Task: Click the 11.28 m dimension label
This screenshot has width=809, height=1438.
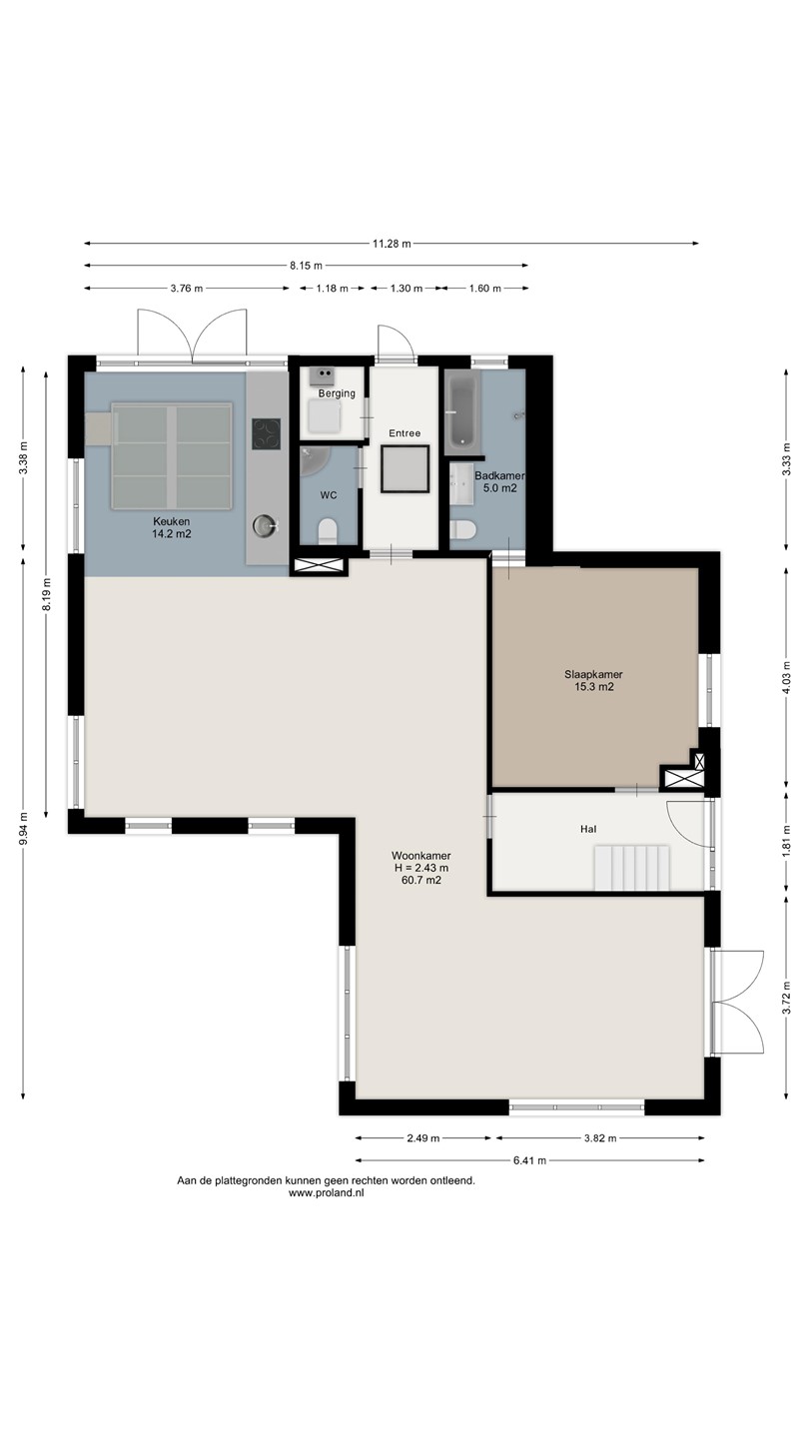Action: [x=392, y=244]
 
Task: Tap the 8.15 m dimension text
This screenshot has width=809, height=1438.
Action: [x=306, y=266]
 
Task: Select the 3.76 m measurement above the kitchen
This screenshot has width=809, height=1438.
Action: [x=186, y=289]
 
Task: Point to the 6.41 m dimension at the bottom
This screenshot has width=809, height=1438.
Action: [x=529, y=1160]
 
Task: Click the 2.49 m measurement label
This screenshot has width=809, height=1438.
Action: [x=423, y=1138]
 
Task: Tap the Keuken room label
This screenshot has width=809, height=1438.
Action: [x=172, y=521]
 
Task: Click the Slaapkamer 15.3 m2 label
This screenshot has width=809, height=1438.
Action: [x=594, y=680]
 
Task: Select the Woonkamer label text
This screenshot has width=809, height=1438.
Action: [x=421, y=856]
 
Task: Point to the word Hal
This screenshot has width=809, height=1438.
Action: [x=588, y=829]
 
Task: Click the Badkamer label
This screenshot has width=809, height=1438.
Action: [x=499, y=475]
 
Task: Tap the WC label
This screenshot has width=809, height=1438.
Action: [x=329, y=495]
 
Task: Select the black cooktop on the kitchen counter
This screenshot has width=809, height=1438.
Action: [x=266, y=433]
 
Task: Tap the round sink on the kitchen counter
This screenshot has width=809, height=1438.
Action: [x=264, y=525]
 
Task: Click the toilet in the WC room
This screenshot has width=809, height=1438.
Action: [x=328, y=531]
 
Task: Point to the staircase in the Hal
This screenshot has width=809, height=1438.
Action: [x=632, y=868]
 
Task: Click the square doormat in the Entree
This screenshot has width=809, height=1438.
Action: [x=404, y=468]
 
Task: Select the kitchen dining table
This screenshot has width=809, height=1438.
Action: [x=172, y=455]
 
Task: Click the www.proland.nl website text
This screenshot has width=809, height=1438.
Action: [x=327, y=1193]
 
